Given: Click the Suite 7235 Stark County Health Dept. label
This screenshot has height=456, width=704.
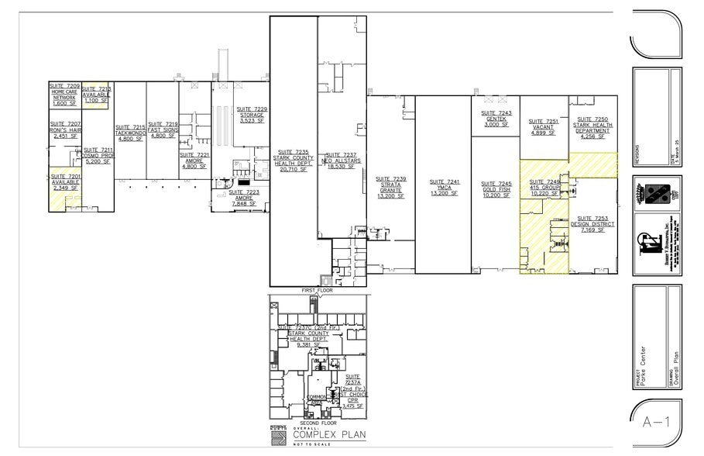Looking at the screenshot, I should [292, 161].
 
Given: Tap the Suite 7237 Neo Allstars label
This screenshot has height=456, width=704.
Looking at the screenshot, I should [341, 161].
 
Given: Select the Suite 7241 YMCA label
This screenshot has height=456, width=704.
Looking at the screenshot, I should [444, 187].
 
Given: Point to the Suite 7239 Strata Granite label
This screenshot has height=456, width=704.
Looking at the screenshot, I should [391, 187].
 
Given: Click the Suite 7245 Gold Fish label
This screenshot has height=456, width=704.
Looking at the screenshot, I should [496, 189].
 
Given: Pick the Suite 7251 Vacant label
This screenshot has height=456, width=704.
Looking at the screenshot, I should [543, 128].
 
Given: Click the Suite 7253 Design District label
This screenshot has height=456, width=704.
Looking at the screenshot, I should [593, 224].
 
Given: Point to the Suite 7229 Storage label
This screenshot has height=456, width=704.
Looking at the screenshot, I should [252, 115].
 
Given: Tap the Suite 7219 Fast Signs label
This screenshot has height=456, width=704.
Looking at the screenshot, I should [163, 130].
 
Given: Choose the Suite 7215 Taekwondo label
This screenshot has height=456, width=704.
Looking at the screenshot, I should [130, 133].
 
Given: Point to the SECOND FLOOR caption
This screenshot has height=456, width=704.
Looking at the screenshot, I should [318, 423].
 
